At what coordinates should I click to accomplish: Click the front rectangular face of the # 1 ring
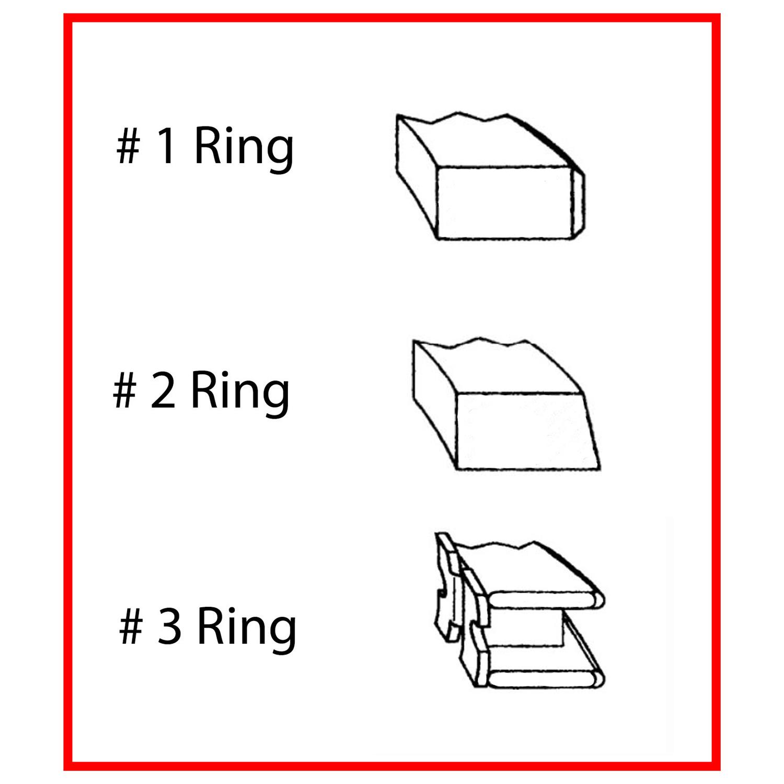coord(503,203)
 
